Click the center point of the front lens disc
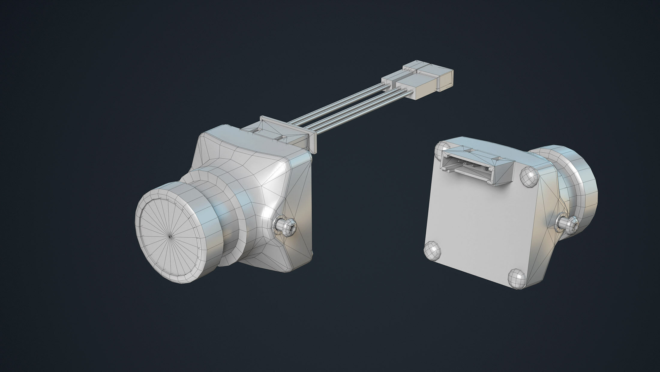[170, 236]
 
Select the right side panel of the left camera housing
[300, 204]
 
